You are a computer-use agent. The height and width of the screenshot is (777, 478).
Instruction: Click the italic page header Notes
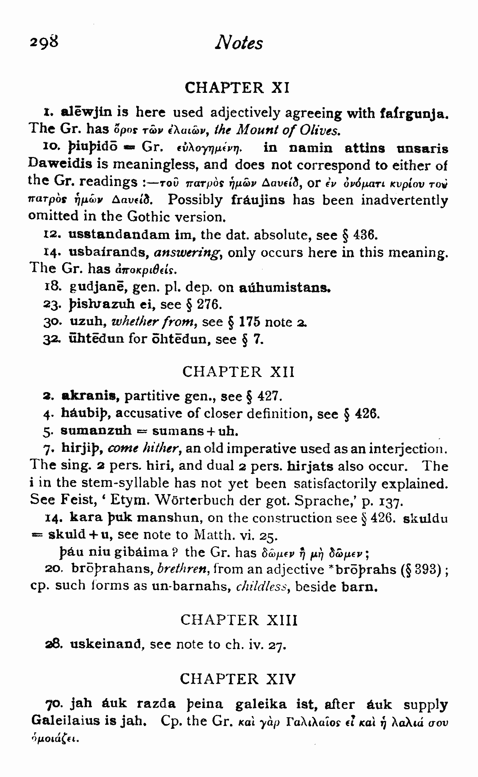[239, 42]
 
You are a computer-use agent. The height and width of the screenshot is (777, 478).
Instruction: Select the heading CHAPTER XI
[237, 87]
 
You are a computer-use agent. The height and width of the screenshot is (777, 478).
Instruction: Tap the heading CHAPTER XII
[238, 372]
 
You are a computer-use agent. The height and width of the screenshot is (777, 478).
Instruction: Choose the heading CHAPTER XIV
[238, 678]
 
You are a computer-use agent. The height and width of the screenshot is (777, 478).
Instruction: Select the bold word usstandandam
[119, 235]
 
